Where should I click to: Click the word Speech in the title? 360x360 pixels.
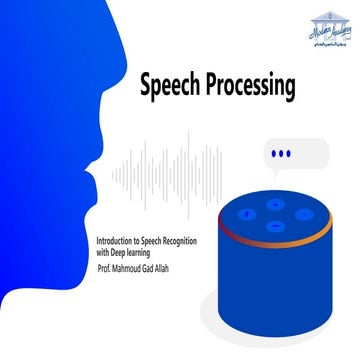171,87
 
